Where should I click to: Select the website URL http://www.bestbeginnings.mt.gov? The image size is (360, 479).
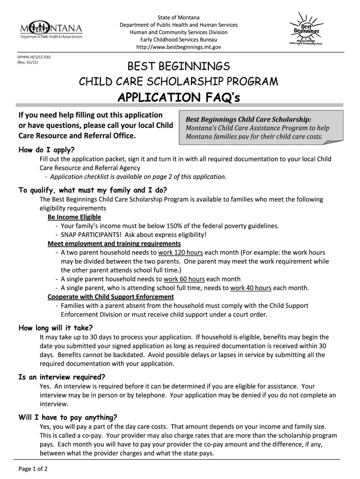(x=178, y=47)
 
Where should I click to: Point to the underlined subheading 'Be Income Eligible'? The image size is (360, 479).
(x=74, y=218)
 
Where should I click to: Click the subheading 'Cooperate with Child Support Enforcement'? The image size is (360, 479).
(x=111, y=297)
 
